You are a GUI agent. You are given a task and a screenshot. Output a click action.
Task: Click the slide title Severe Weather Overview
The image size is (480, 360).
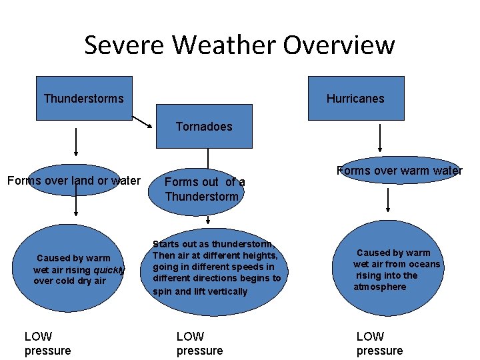239,45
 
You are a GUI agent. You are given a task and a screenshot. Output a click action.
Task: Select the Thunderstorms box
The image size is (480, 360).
84,98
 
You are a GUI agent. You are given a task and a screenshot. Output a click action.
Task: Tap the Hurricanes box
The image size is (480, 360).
355,98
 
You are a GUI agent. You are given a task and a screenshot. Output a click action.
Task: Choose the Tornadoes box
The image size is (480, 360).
204,126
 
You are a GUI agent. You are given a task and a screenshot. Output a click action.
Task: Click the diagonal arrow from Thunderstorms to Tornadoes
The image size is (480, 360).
143,121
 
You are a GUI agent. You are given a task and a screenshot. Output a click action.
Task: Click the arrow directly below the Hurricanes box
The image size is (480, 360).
380,139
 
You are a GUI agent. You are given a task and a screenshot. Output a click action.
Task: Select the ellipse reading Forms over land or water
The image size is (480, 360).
74,180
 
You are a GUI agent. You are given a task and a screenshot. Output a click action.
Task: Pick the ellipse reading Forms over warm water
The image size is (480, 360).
399,171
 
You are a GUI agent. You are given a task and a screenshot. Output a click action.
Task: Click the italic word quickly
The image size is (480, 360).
109,270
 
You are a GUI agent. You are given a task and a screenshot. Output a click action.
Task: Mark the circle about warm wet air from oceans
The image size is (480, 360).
393,269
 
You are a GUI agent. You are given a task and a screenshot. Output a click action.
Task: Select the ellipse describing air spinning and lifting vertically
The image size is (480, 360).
217,268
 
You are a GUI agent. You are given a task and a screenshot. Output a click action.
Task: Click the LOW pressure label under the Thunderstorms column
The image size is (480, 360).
47,343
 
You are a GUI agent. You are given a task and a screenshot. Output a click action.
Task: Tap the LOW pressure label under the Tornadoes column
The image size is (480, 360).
199,343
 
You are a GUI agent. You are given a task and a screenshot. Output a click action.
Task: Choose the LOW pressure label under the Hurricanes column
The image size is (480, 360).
379,343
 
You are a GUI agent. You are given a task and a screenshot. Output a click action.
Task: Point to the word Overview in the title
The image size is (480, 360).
339,45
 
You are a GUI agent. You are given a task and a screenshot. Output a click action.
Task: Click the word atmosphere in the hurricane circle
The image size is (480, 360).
380,287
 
